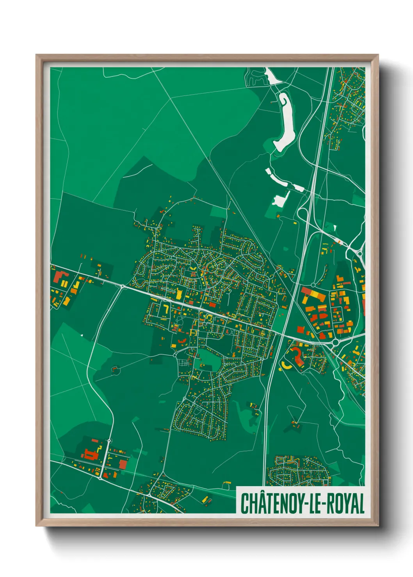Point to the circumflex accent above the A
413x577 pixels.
click(x=260, y=493)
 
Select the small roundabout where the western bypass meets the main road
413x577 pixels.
click(x=123, y=287)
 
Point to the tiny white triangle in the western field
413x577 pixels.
click(x=82, y=335)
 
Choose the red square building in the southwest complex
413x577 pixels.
click(x=123, y=464)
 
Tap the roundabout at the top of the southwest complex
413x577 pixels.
click(x=109, y=441)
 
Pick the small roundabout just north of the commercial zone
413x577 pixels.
click(x=313, y=285)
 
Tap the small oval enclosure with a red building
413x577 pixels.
click(x=115, y=368)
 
